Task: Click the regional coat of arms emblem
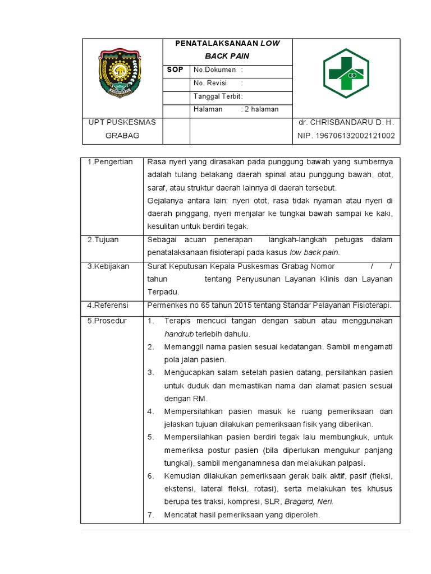[x=121, y=73]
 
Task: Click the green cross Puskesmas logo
[x=346, y=73]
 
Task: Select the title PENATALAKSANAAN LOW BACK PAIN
[x=227, y=50]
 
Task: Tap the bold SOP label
[x=176, y=70]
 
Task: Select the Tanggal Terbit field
[x=218, y=96]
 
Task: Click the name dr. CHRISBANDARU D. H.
[x=346, y=122]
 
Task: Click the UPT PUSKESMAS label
[x=122, y=122]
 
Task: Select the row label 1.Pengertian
[x=110, y=162]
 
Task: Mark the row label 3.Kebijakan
[x=108, y=266]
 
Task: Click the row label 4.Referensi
[x=108, y=305]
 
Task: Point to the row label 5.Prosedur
[x=107, y=321]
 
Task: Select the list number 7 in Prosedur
[x=150, y=515]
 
